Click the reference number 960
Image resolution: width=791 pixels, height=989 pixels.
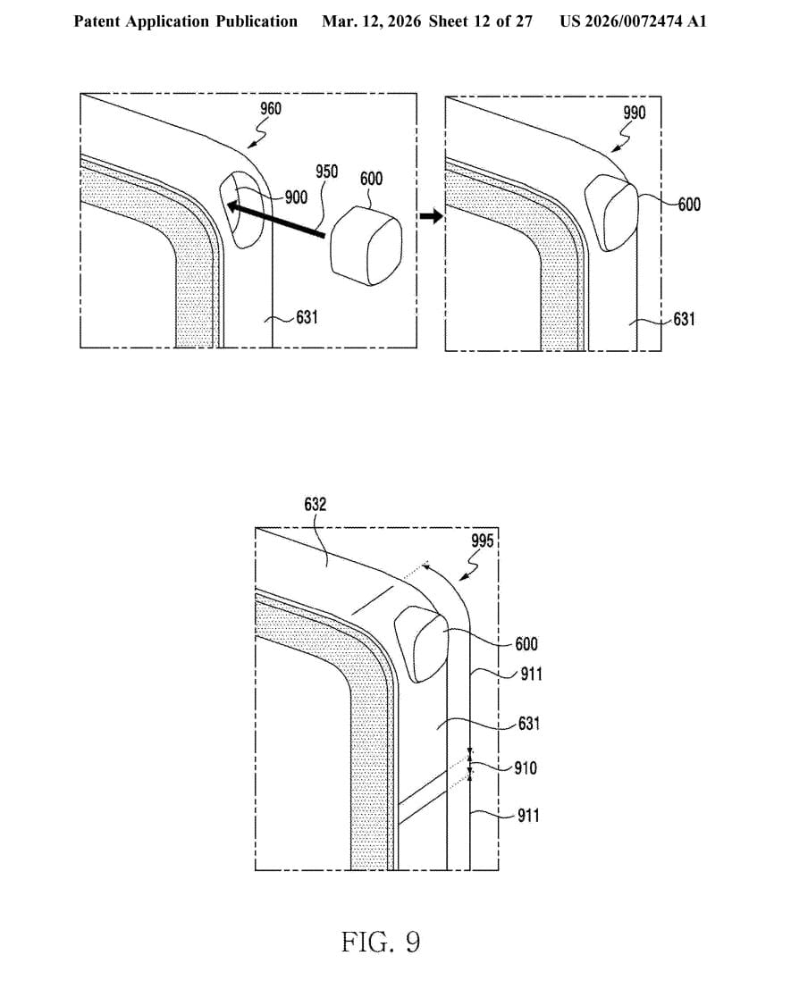tap(270, 109)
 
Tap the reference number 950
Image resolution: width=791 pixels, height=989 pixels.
tap(326, 172)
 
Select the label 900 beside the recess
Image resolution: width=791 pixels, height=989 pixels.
tap(296, 197)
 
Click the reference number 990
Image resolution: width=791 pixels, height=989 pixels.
tap(635, 113)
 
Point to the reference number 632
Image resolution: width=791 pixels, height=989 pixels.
tap(316, 505)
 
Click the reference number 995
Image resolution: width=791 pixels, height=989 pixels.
tap(483, 541)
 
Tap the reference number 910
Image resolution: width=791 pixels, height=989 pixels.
tap(526, 767)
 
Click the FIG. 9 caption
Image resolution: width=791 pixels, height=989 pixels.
tap(380, 942)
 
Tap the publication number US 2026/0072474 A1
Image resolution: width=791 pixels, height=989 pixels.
tap(633, 21)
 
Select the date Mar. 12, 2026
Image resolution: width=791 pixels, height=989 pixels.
tap(371, 21)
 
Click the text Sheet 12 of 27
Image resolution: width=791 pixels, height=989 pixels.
tap(480, 21)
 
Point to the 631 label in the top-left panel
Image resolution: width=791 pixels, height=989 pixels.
tap(307, 316)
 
